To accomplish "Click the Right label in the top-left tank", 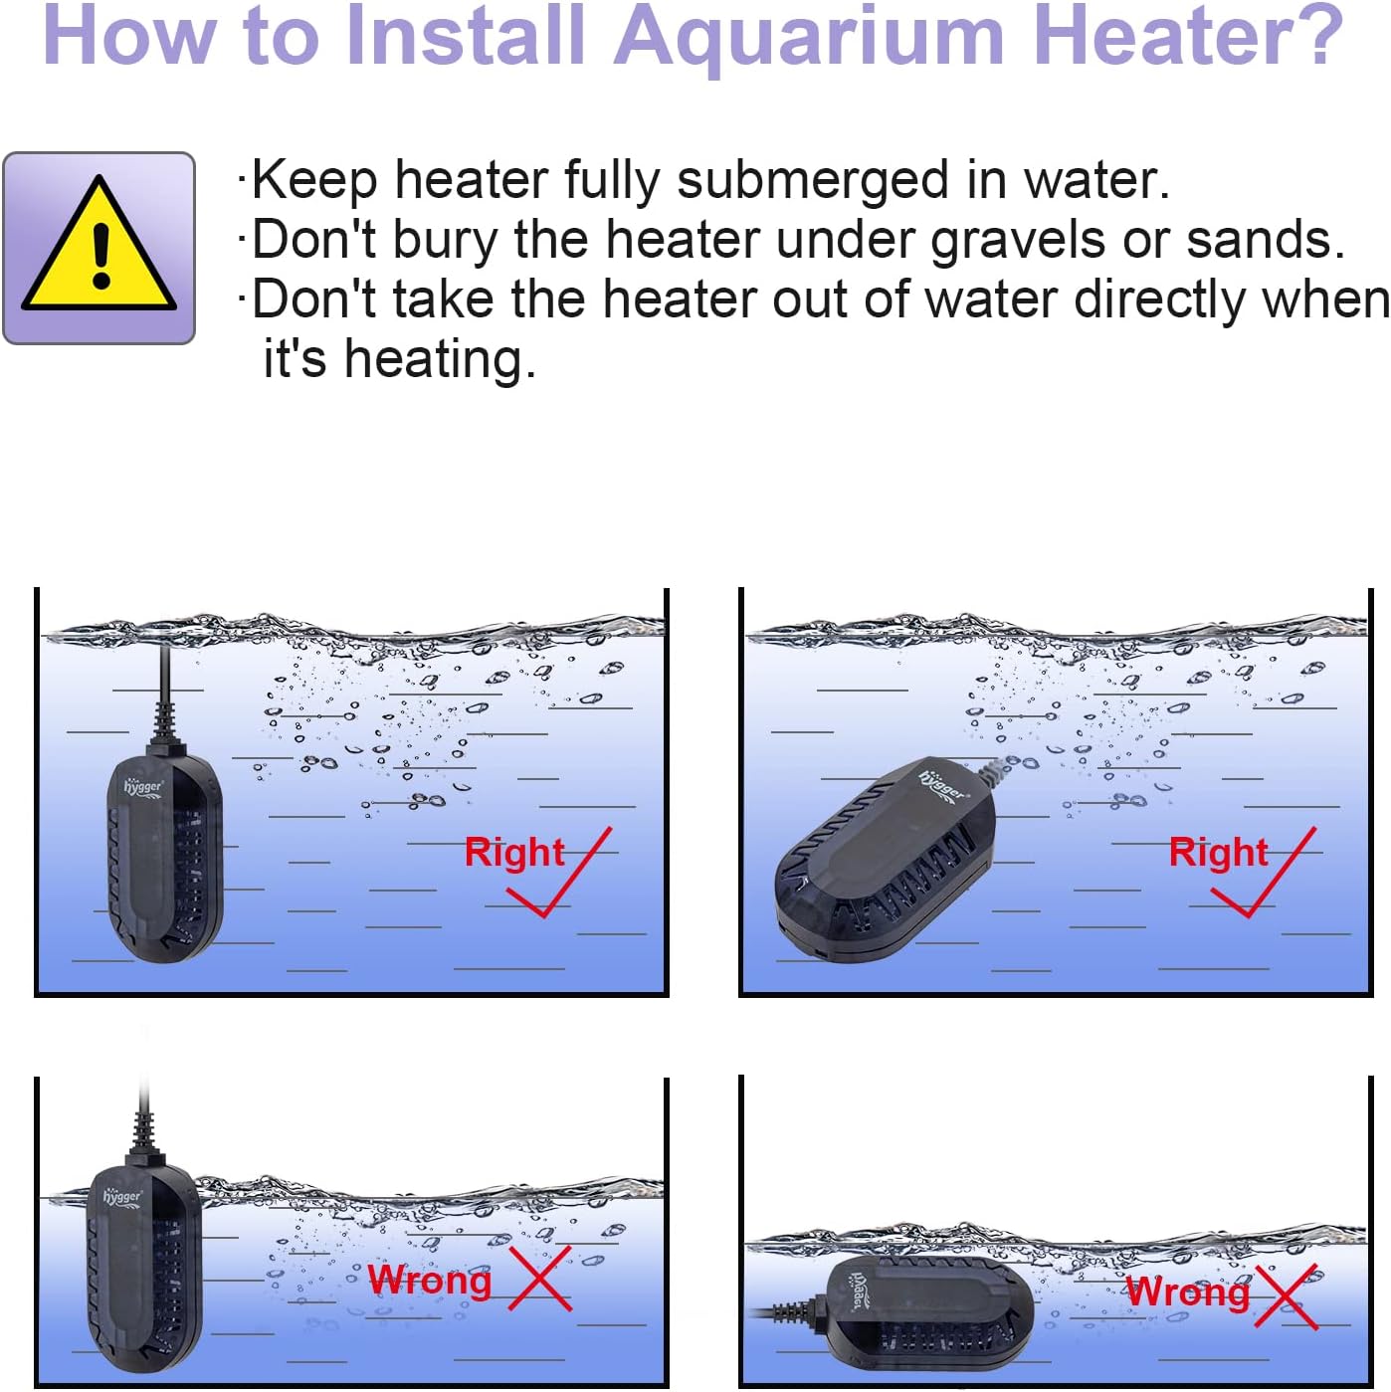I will tap(513, 853).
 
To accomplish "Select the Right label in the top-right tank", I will tap(1218, 853).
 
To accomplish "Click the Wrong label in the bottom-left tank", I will tap(430, 1280).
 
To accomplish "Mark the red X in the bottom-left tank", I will tap(540, 1279).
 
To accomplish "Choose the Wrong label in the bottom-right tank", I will tap(1187, 1292).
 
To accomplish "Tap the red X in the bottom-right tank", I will tap(1286, 1295).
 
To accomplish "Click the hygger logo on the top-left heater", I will tap(142, 788).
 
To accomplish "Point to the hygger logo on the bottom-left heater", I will tap(122, 1196).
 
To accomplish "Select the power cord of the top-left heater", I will tap(163, 687).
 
